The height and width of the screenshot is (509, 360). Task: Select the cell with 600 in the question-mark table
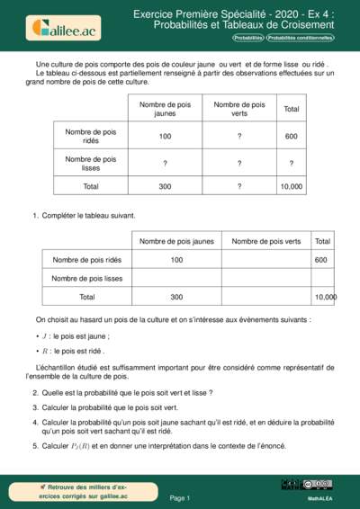(x=291, y=137)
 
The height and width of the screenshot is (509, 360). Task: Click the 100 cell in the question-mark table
(x=165, y=137)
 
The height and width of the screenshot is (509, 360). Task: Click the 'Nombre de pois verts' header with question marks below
(x=238, y=109)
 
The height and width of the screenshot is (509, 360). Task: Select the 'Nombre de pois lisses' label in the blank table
(x=87, y=278)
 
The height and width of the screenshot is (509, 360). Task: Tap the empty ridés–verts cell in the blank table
(x=265, y=260)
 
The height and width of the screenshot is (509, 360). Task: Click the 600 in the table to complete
(x=321, y=260)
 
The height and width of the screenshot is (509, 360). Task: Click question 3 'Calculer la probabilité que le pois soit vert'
(x=114, y=406)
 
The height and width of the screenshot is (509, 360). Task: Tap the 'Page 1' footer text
(x=180, y=497)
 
